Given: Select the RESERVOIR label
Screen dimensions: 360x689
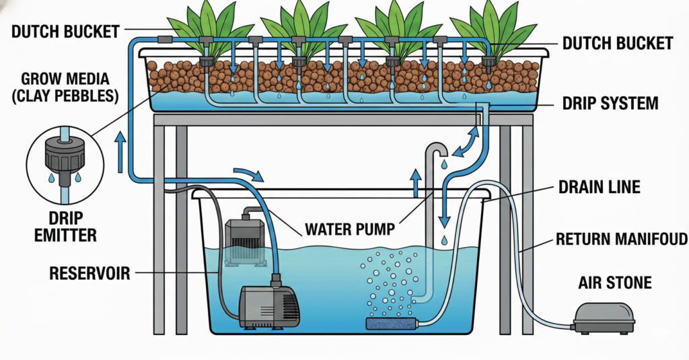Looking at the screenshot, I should (89, 273).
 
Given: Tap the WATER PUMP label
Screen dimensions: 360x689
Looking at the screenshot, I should (349, 229).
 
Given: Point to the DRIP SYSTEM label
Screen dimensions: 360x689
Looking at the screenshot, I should (610, 104).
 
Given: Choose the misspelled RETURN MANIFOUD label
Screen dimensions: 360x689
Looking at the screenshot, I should (620, 238).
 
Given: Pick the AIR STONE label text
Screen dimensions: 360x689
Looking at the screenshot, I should (615, 283).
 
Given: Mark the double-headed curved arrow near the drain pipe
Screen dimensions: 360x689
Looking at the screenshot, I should (465, 140).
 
